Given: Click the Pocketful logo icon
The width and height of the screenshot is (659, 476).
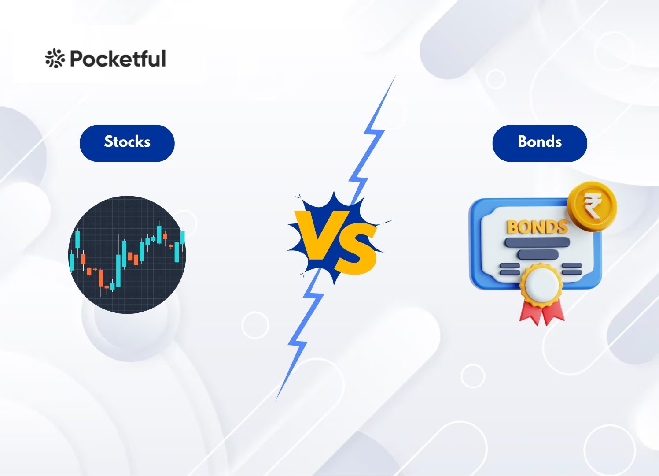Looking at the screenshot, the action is (x=55, y=58).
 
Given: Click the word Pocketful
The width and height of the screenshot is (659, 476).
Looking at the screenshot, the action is (x=118, y=58).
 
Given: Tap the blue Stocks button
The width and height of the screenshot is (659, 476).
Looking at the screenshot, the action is (x=127, y=143).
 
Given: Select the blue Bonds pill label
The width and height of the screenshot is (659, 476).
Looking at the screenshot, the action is (x=540, y=143).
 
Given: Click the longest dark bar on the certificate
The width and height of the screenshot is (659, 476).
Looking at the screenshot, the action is (x=537, y=242).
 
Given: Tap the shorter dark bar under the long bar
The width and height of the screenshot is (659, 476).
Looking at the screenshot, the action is (x=538, y=254).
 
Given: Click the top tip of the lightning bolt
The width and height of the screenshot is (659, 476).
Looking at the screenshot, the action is (x=396, y=75).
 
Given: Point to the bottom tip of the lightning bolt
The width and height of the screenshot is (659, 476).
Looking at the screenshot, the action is (x=276, y=401).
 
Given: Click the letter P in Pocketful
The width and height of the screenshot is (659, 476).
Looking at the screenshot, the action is (x=77, y=58).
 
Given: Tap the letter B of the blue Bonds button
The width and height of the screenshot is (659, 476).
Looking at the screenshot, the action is (x=523, y=141).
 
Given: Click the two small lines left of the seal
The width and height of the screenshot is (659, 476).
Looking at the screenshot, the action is (x=510, y=269).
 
